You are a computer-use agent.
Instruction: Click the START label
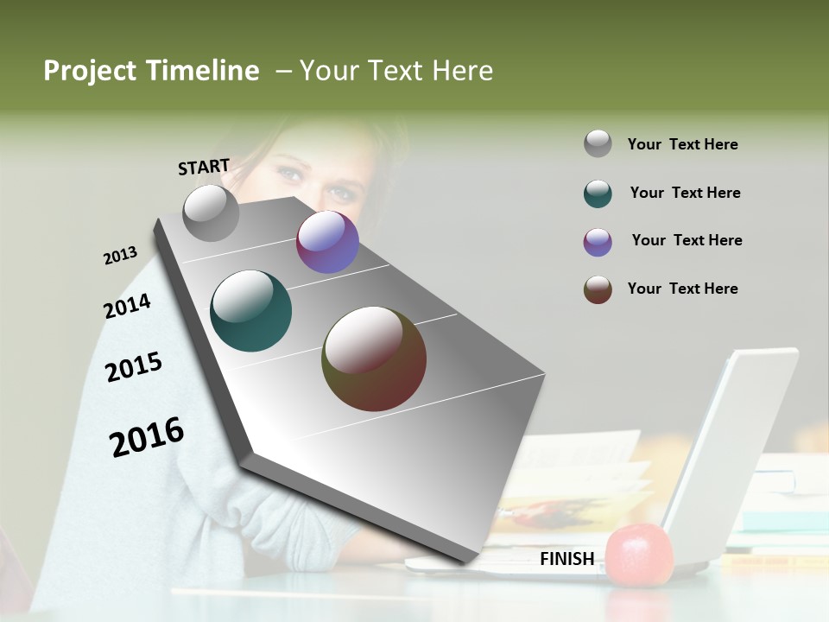204,167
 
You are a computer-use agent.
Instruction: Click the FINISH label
566,559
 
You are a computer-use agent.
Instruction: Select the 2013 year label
120,256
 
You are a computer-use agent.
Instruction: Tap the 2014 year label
127,307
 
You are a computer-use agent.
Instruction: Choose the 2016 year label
147,437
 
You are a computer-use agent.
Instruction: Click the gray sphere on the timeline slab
212,213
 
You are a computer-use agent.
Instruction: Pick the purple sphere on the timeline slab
327,242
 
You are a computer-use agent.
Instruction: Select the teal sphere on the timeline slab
251,311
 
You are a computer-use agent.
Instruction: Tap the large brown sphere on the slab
374,359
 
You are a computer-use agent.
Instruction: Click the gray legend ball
598,143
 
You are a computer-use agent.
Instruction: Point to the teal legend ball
598,194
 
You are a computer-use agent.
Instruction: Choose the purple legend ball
598,242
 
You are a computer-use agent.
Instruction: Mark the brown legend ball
598,289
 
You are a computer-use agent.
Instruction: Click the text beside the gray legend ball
682,144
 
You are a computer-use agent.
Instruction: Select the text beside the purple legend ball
687,240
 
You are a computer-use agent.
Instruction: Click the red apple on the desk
639,555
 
